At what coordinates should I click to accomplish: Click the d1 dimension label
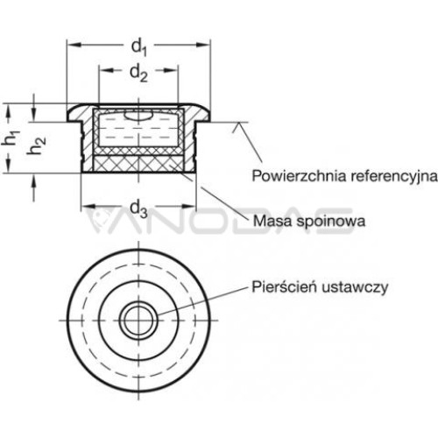[x=138, y=48]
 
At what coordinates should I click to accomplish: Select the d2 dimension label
[x=138, y=73]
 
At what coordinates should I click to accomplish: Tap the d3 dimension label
[x=138, y=209]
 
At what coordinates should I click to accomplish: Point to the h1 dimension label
[x=11, y=138]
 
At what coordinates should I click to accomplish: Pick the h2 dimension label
[x=36, y=145]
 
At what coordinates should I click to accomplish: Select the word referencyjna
[x=394, y=176]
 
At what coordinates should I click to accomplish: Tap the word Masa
[x=272, y=221]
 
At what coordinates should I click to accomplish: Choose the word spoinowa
[x=330, y=222]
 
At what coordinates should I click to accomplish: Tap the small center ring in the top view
[x=138, y=321]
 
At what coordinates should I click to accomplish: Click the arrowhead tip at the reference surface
[x=239, y=123]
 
